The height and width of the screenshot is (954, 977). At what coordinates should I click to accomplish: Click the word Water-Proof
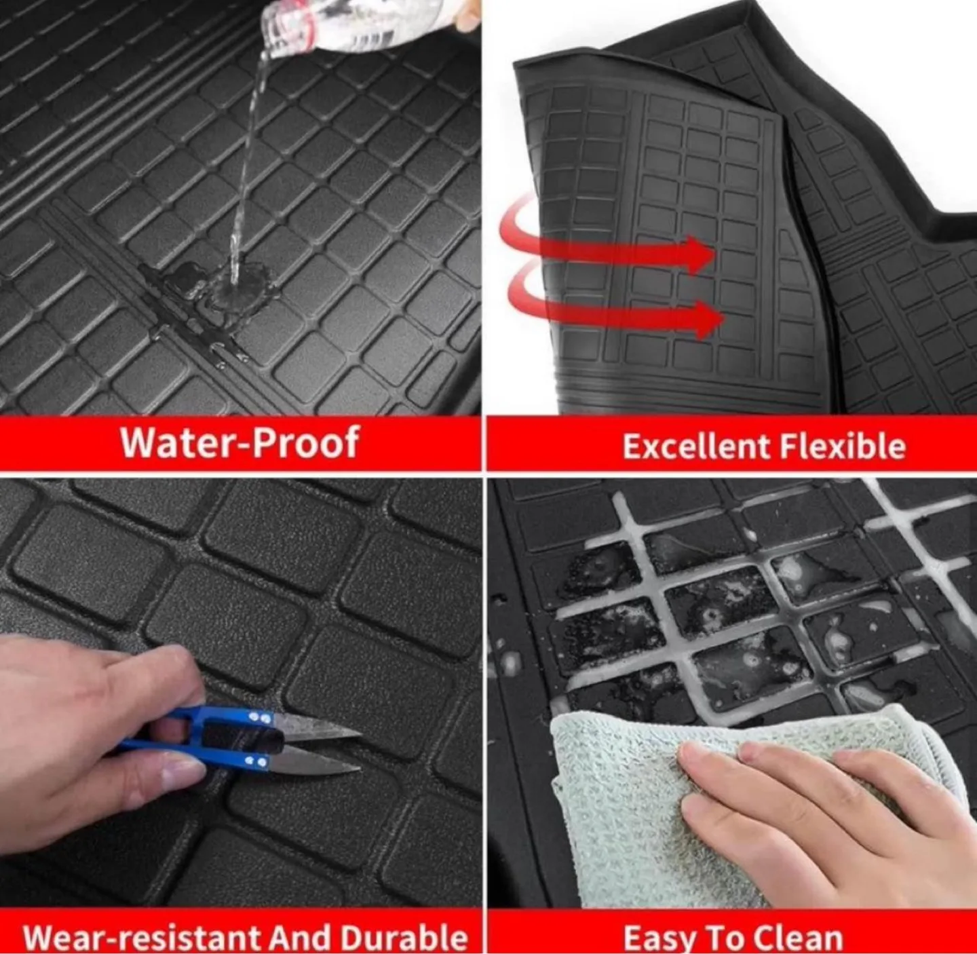coord(240,442)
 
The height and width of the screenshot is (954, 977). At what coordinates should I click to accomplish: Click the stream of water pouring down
coord(247,166)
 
